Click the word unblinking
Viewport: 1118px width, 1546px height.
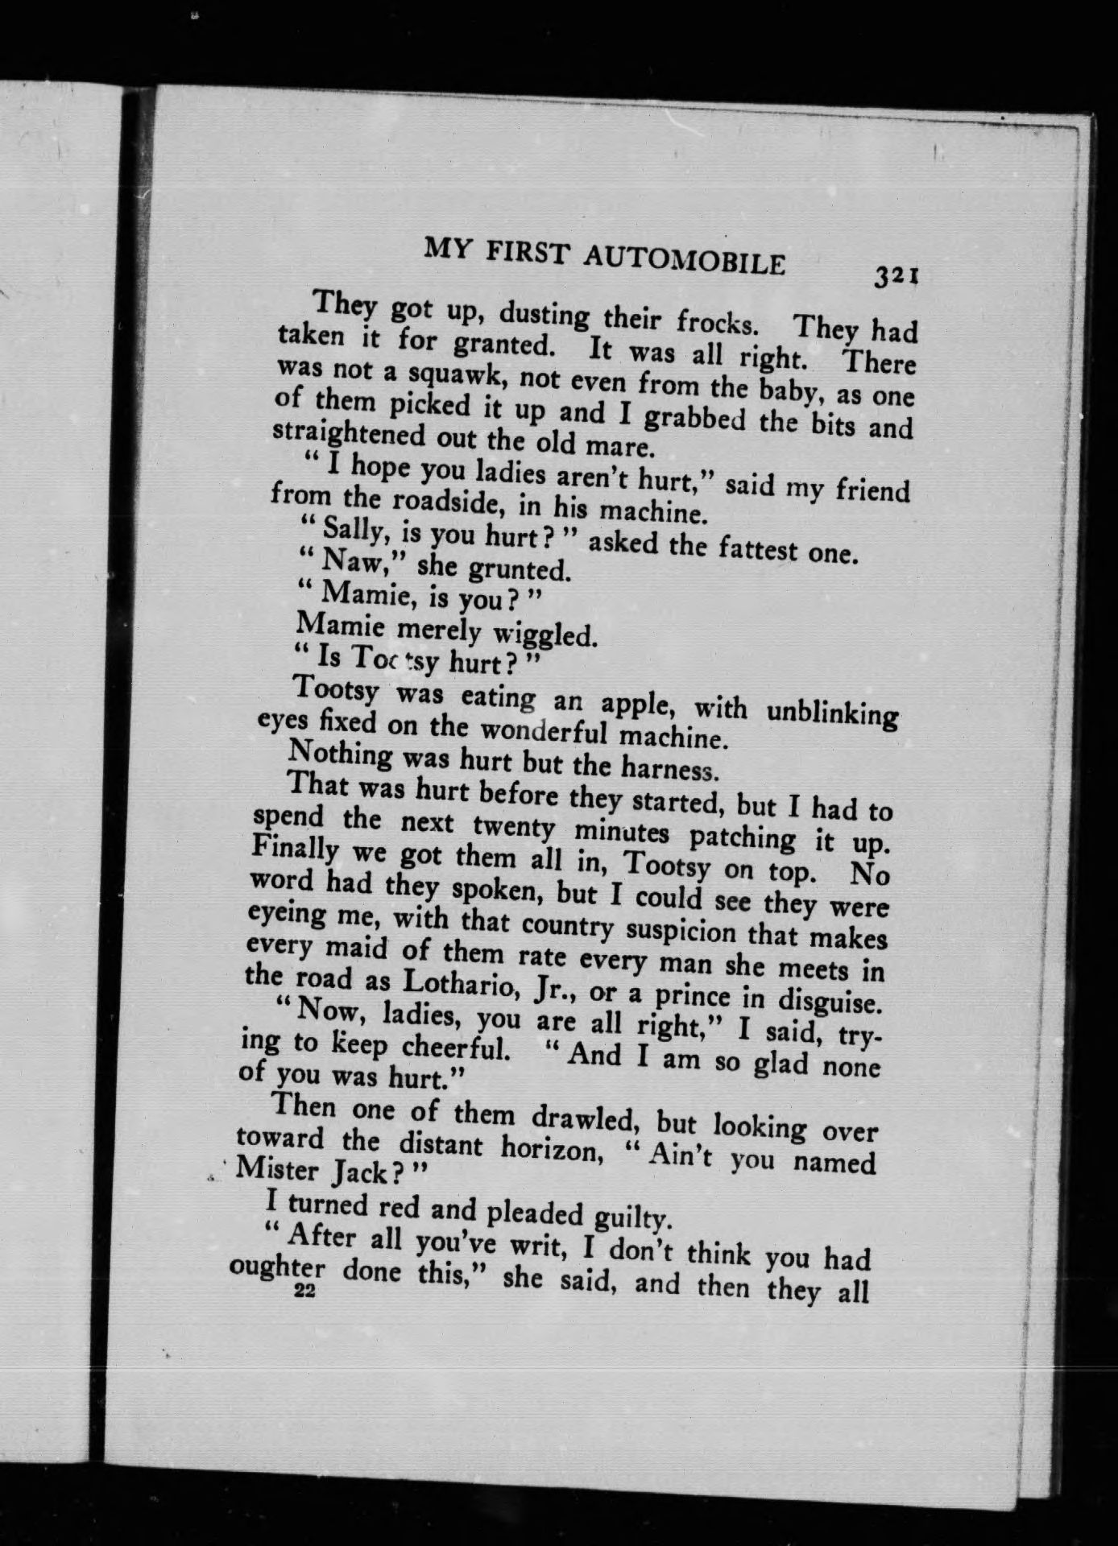pos(831,715)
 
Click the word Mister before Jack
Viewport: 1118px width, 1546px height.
pos(279,1168)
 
